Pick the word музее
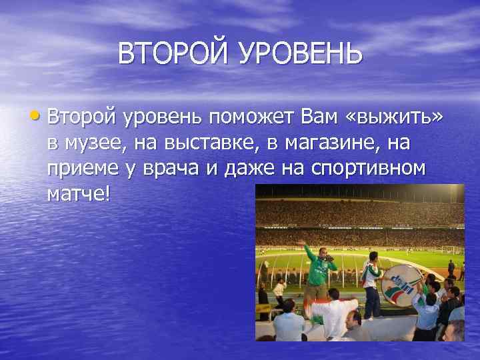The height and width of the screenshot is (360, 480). [99, 143]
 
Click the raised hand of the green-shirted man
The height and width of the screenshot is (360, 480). [301, 242]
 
